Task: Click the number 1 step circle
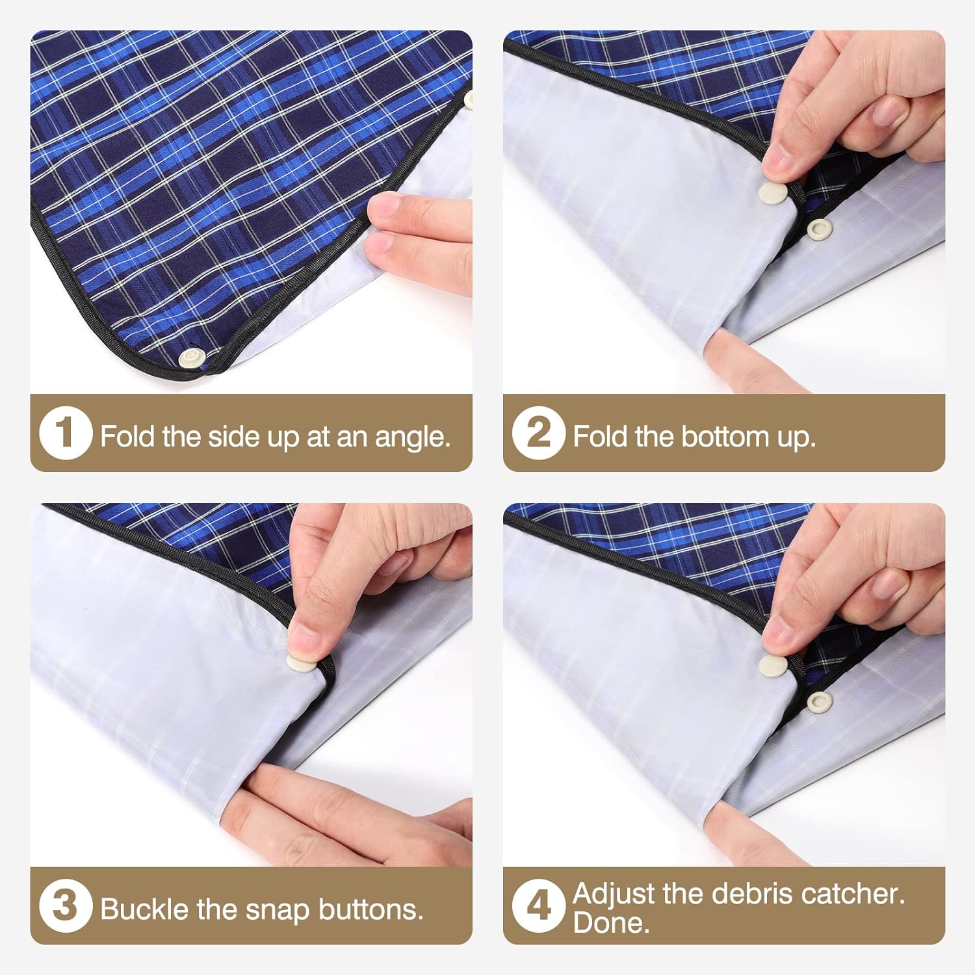[x=64, y=433]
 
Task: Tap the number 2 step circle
[x=538, y=433]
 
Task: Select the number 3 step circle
[x=64, y=905]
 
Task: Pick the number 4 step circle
[x=538, y=905]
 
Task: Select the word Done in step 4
[x=610, y=922]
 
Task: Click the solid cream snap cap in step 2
[x=773, y=194]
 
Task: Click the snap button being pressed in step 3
[x=300, y=663]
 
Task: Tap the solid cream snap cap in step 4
[x=773, y=666]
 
